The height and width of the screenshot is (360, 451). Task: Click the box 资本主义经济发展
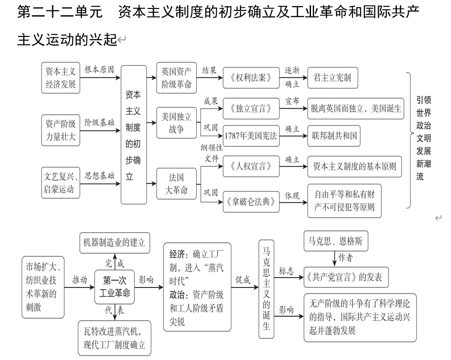pos(61,78)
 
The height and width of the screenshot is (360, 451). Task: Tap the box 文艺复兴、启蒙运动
pos(61,182)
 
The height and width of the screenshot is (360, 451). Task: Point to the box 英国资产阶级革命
pos(176,78)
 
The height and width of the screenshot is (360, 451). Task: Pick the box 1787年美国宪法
pos(251,136)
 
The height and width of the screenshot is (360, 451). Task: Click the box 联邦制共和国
pos(334,136)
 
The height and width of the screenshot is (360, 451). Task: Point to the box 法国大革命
pos(176,183)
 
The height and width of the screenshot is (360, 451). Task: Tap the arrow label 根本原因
pos(99,70)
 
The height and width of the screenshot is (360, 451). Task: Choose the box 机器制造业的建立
pos(114,242)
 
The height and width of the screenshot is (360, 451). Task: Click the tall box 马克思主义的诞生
pos(266,289)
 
